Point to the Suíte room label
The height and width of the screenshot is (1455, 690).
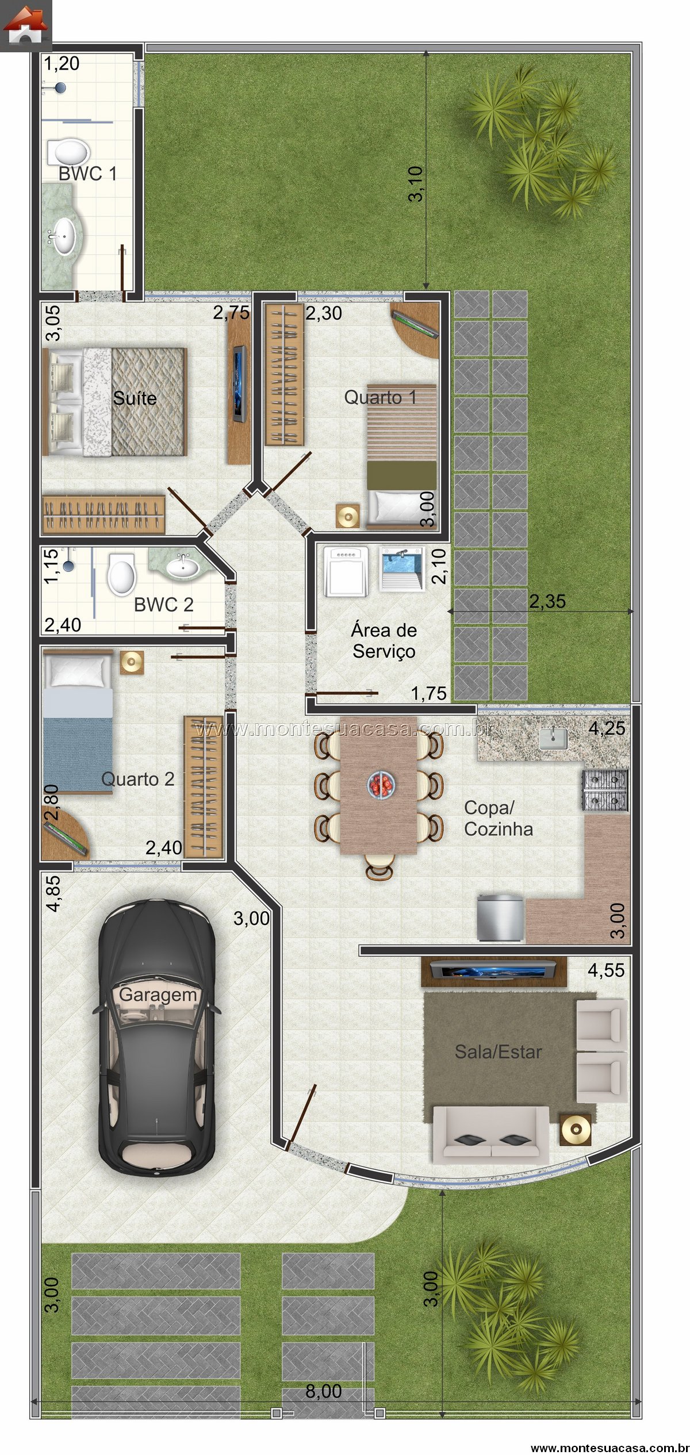pos(135,398)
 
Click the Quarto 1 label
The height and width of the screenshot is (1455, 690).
pos(380,397)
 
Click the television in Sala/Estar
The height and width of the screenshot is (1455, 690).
pos(494,972)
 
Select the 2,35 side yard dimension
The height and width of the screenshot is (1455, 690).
pos(547,601)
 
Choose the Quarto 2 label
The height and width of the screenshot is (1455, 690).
pos(137,779)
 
